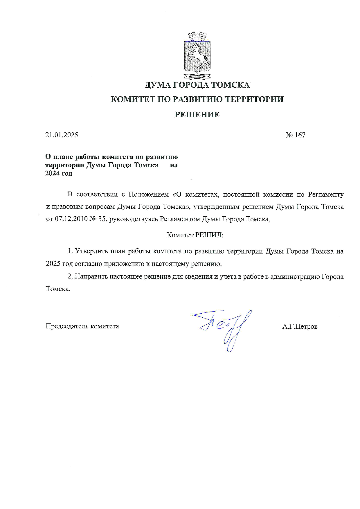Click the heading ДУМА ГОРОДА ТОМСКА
pyautogui.click(x=197, y=85)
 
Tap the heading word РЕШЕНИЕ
pyautogui.click(x=197, y=115)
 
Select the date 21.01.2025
pyautogui.click(x=62, y=135)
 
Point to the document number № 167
pyautogui.click(x=295, y=135)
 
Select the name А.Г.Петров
pyautogui.click(x=300, y=326)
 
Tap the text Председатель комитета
pyautogui.click(x=82, y=326)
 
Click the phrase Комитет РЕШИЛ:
pyautogui.click(x=195, y=235)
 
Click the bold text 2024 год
pyautogui.click(x=59, y=174)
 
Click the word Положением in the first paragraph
pyautogui.click(x=148, y=194)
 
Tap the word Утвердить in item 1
pyautogui.click(x=91, y=251)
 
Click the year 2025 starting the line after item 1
pyautogui.click(x=53, y=264)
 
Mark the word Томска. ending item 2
pyautogui.click(x=58, y=289)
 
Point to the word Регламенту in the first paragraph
pyautogui.click(x=326, y=194)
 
